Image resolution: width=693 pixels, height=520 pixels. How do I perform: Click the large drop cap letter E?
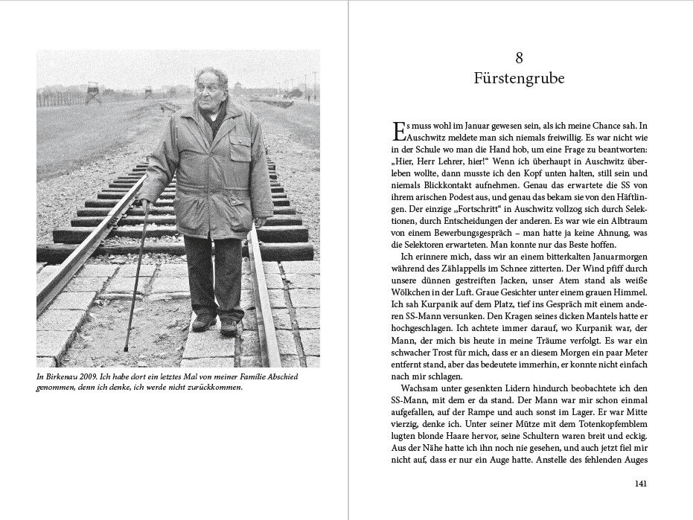[397, 132]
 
